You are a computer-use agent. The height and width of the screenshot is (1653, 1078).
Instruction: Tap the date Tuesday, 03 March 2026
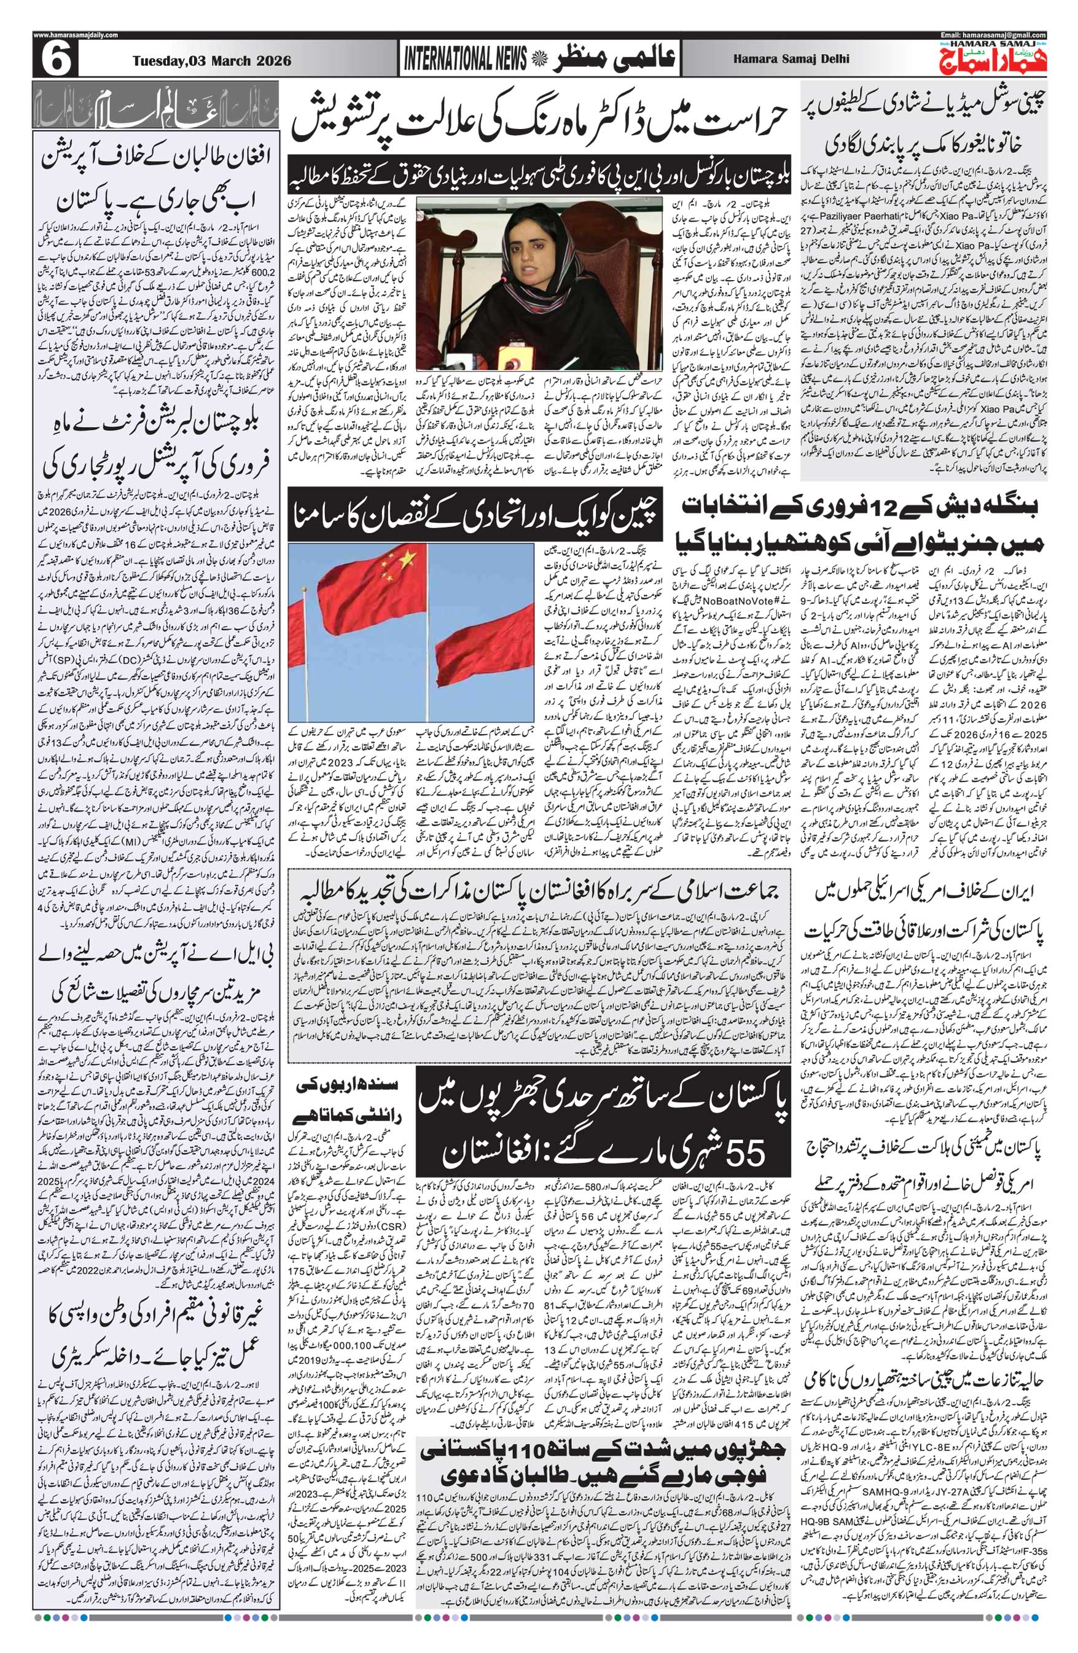212,60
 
